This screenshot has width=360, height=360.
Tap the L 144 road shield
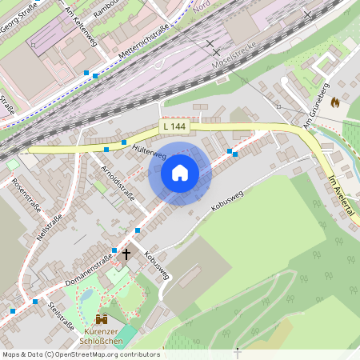pos(174,126)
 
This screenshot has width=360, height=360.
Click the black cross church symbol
pos(126,254)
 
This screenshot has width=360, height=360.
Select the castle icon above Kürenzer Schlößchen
pos(102,319)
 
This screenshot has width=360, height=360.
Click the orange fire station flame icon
pos(334,102)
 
